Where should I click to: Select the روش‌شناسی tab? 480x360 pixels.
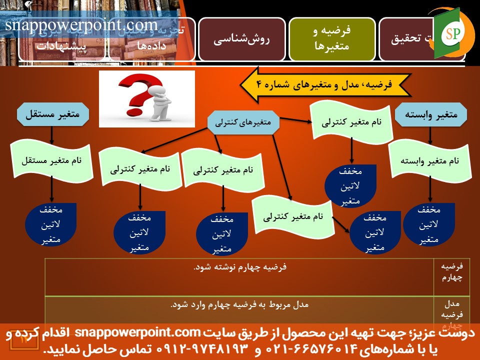242,39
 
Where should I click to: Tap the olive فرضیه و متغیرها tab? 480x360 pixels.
332,38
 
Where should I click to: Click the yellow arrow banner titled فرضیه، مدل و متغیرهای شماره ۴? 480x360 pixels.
325,85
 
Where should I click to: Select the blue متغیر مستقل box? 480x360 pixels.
52,113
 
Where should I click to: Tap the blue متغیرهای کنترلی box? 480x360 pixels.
243,122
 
